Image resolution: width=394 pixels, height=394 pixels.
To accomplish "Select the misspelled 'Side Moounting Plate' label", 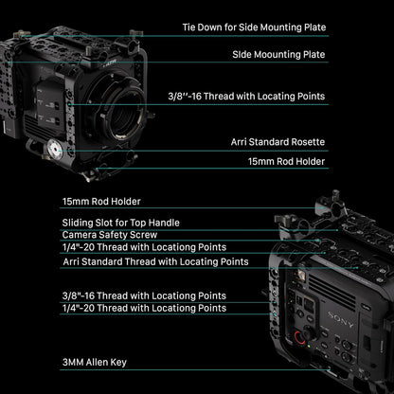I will [278, 55].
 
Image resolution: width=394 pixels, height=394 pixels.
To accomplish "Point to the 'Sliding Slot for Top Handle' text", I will [120, 223].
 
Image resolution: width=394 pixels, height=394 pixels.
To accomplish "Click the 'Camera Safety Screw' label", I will [108, 234].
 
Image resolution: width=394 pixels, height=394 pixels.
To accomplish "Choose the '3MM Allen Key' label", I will [94, 363].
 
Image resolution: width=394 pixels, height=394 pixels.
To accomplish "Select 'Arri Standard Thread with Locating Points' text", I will [155, 260].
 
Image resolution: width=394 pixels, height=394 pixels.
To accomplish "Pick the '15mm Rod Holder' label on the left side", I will [100, 202].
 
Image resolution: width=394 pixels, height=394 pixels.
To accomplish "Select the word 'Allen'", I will [99, 363].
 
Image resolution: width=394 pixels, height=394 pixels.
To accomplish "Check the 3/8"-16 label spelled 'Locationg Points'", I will [144, 295].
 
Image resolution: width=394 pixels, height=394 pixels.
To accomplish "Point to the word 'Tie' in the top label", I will [188, 28].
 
